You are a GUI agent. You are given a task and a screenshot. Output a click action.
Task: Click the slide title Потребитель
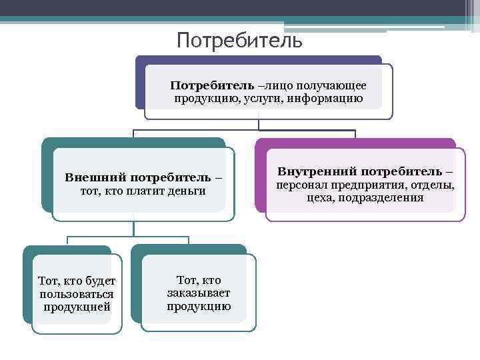point(239,41)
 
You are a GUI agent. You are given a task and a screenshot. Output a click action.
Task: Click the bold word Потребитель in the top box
point(212,86)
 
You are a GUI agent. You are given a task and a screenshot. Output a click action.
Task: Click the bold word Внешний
point(96,178)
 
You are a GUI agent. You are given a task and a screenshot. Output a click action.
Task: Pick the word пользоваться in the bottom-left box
point(77,294)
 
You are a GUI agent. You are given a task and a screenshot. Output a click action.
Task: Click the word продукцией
point(77,307)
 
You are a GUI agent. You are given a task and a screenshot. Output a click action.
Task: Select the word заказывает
point(199,293)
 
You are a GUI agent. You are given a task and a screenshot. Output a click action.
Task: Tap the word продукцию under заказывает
point(199,307)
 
